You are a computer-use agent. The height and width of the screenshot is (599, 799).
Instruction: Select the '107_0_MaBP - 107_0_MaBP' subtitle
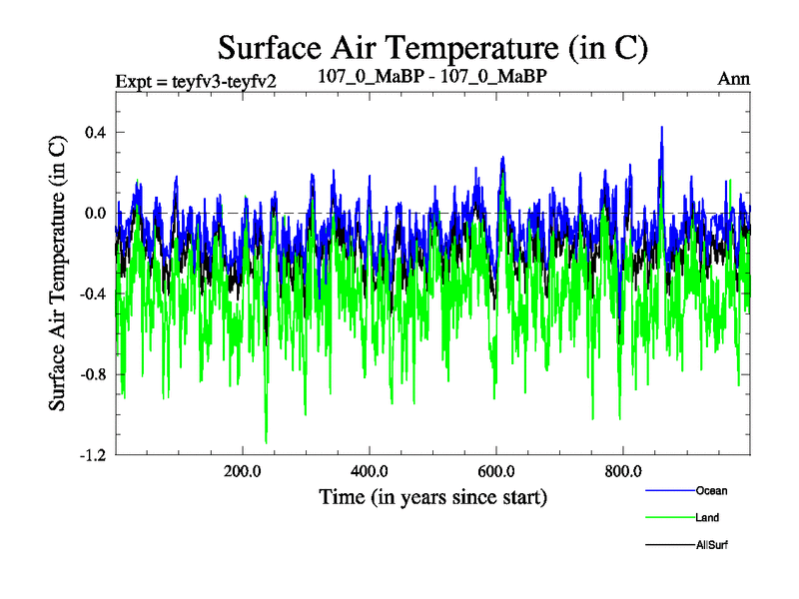[x=431, y=77]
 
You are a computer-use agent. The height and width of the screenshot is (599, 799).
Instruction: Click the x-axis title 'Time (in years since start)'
[x=432, y=496]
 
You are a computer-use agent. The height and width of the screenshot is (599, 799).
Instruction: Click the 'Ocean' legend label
[x=712, y=490]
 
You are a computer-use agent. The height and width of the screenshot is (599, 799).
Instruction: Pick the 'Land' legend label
[x=708, y=518]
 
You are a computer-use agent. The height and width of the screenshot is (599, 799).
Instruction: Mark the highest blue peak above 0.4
[x=661, y=128]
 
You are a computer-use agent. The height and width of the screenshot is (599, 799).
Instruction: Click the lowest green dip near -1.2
[x=266, y=442]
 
